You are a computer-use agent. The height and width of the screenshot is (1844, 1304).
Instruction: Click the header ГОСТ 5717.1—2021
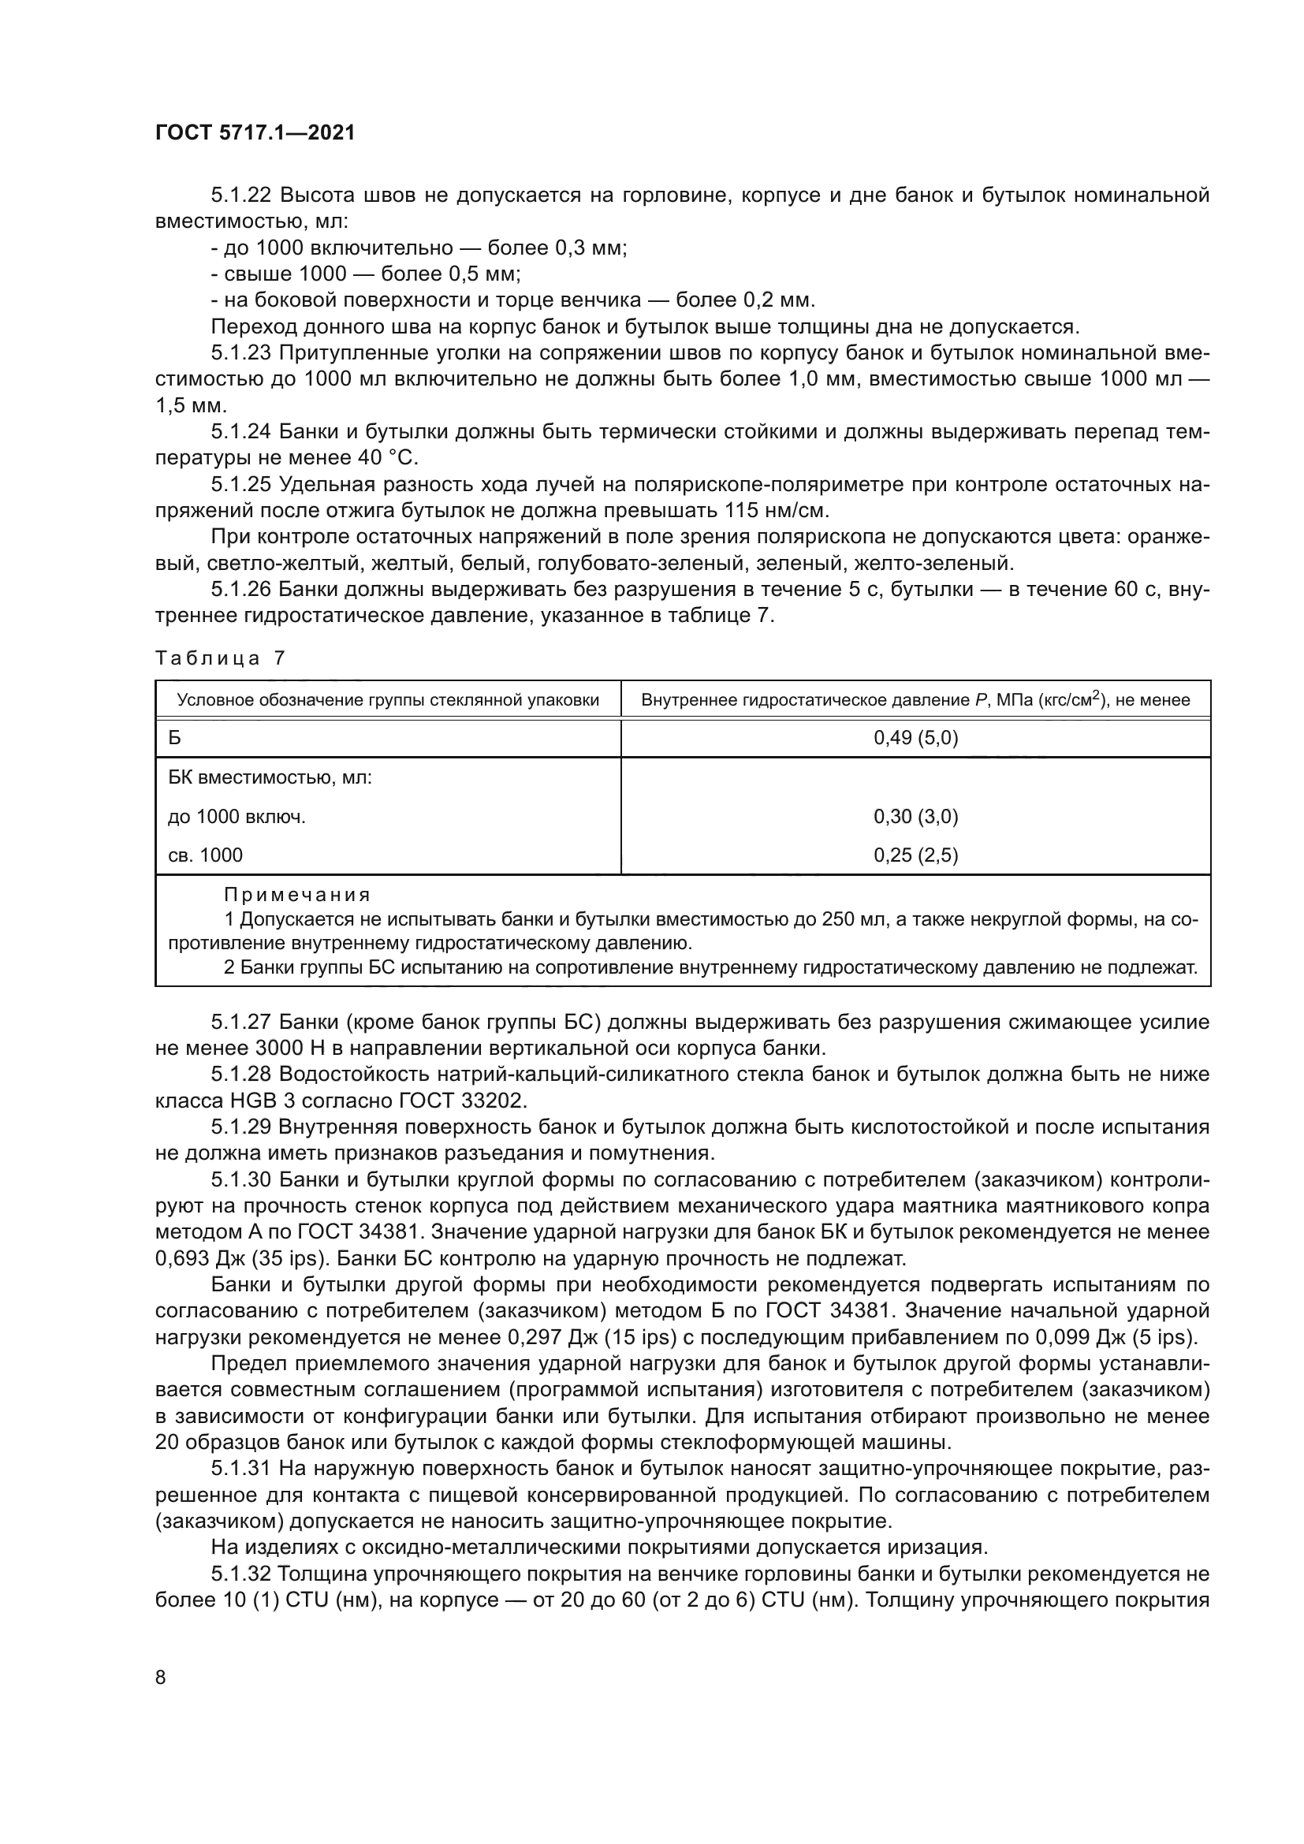tap(255, 133)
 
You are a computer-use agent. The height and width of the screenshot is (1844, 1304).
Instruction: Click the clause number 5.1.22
tap(242, 196)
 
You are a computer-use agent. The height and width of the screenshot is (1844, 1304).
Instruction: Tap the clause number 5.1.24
tap(242, 432)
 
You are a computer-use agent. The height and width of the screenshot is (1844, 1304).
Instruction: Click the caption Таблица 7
tap(220, 658)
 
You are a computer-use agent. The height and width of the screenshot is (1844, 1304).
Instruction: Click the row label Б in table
tap(175, 737)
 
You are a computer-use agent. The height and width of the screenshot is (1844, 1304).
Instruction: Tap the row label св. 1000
tap(206, 855)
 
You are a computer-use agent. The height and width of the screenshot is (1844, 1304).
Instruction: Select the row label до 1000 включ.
tap(237, 817)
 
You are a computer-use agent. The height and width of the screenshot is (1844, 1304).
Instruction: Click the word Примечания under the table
tap(297, 895)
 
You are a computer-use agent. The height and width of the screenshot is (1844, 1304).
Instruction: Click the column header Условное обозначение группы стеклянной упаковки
tap(388, 699)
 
